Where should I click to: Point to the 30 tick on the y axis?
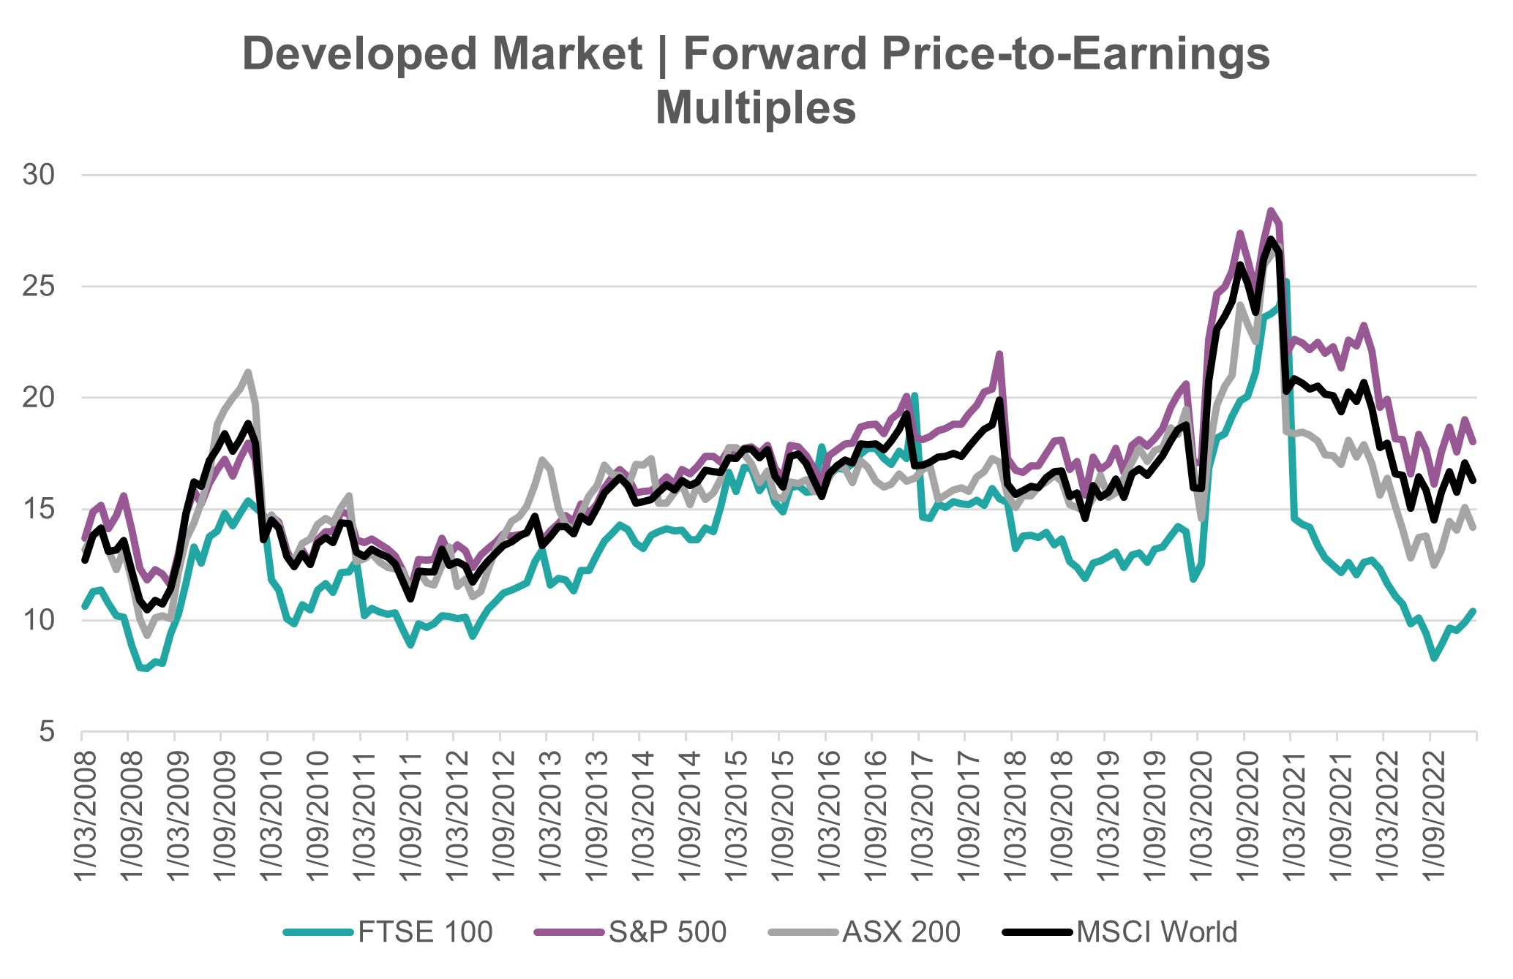40,175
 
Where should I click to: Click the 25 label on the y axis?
40,287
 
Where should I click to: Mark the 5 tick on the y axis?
47,731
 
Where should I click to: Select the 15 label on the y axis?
40,509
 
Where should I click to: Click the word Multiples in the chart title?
756,108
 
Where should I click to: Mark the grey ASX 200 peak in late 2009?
248,372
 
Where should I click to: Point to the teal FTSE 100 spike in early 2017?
915,395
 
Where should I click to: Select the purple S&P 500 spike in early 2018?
999,354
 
